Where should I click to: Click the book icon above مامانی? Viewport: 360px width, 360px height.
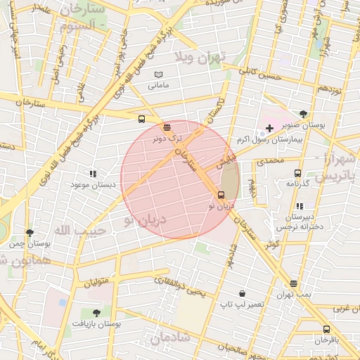[x=158, y=74]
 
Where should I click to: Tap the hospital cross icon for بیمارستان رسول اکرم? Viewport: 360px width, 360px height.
[x=269, y=128]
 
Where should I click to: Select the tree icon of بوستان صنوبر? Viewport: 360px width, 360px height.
[x=303, y=113]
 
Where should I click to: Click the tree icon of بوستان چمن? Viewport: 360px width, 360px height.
[x=30, y=233]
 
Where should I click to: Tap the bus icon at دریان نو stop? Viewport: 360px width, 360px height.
[x=221, y=195]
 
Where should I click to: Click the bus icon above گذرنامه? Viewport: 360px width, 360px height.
[x=297, y=173]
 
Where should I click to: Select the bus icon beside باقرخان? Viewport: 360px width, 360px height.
[x=326, y=329]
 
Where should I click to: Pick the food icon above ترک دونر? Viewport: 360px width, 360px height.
[x=167, y=127]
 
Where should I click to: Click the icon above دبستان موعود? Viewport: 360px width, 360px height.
[x=92, y=173]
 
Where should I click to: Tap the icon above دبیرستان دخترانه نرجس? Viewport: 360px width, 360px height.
[x=300, y=207]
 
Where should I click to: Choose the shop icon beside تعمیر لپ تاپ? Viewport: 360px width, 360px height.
[x=242, y=293]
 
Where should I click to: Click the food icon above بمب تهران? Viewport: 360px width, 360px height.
[x=293, y=284]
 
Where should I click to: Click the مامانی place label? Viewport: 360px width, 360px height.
[x=158, y=86]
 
